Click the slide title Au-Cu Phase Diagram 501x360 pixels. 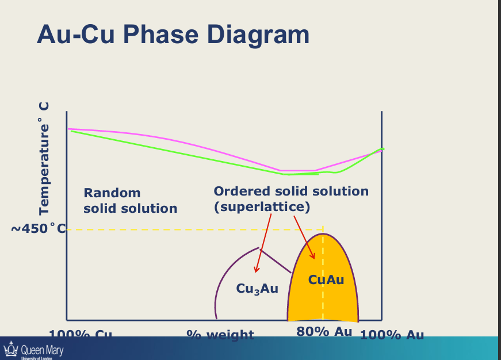pos(173,35)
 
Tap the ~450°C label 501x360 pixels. pos(37,229)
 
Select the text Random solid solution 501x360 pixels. pos(130,201)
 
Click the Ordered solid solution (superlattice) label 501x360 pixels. pos(290,198)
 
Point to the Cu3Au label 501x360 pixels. pos(257,289)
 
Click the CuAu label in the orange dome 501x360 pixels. pos(326,279)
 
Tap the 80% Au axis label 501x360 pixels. pos(324,332)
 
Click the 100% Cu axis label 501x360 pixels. pos(80,334)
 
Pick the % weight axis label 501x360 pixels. pos(220,334)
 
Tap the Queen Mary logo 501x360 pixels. pos(33,350)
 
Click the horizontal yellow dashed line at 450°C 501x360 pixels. pos(173,229)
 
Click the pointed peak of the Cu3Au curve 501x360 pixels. pos(257,248)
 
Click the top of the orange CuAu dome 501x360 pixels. pos(323,235)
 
